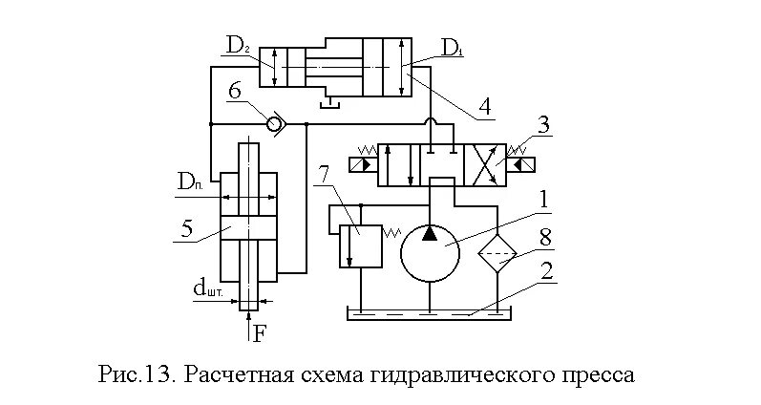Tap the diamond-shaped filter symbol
click(497, 255)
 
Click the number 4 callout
click(485, 105)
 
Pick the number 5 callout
click(189, 228)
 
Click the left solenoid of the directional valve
click(363, 165)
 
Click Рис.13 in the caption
click(137, 372)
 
